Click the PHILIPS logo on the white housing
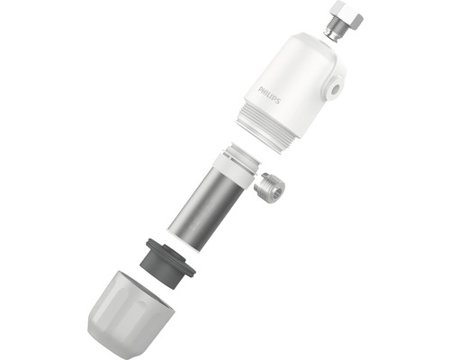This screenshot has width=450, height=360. point(269,95)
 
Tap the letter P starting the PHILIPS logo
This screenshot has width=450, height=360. point(260,89)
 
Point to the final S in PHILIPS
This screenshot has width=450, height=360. point(278,101)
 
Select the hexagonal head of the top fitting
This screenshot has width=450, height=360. point(347,14)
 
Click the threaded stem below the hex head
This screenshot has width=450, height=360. point(333,29)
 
